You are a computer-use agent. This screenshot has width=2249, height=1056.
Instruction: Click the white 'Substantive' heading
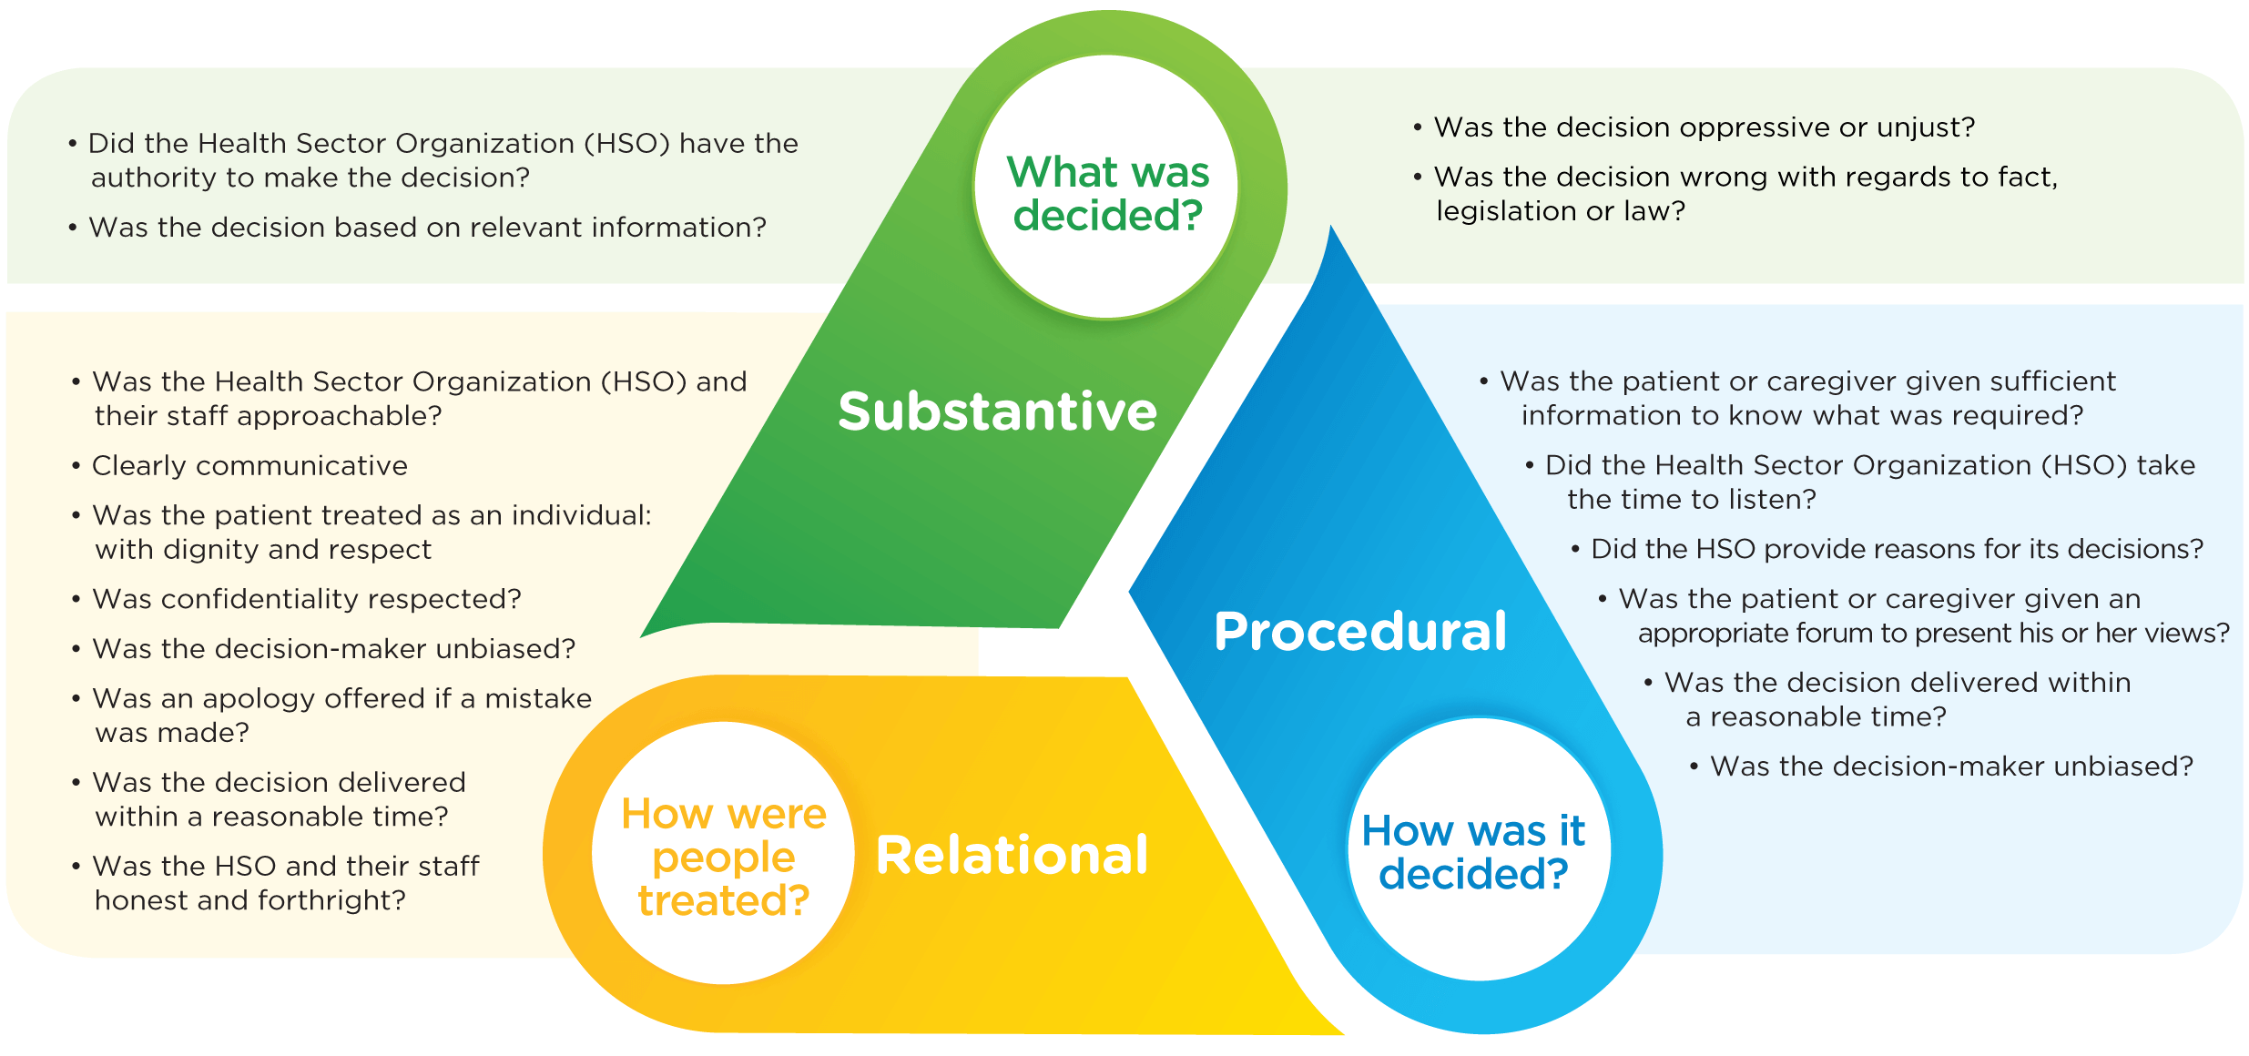point(997,411)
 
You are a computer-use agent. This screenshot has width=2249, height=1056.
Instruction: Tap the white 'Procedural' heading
point(1360,631)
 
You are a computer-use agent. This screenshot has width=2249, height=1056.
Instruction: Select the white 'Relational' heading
point(1012,856)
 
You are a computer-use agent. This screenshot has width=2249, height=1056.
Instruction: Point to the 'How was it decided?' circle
point(1474,852)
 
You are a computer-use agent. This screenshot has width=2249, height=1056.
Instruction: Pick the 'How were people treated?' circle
point(724,856)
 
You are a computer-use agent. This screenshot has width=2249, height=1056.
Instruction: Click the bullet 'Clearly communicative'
point(249,466)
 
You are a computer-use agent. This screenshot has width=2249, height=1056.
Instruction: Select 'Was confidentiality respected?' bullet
point(307,599)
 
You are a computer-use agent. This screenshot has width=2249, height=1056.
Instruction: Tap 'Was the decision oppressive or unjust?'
point(1704,127)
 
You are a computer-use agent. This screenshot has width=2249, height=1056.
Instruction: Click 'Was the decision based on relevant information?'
point(427,228)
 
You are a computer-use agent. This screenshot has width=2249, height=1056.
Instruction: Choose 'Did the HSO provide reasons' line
point(1897,549)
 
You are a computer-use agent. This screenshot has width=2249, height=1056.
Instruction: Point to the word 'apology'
point(259,698)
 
